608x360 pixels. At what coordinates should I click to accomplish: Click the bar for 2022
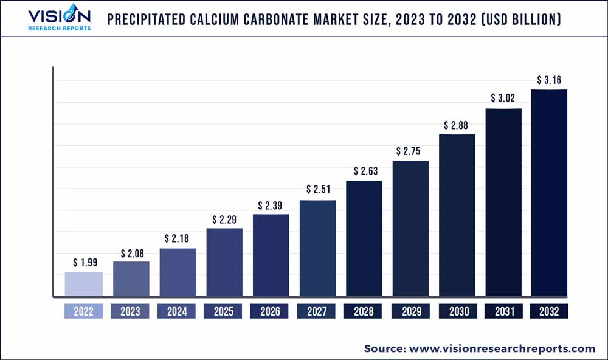[84, 285]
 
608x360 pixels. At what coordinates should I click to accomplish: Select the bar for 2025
[224, 263]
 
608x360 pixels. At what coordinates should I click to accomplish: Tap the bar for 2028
[364, 239]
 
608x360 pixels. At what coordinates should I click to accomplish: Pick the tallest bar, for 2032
[549, 193]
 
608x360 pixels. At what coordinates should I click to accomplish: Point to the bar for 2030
[457, 215]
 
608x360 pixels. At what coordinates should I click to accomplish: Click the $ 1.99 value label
[84, 263]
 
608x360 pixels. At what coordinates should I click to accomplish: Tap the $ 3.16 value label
[549, 80]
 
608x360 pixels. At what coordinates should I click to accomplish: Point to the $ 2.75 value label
[410, 151]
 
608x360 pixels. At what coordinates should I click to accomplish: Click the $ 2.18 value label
[178, 238]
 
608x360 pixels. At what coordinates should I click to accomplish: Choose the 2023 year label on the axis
[130, 311]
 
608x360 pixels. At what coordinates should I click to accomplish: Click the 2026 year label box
[271, 311]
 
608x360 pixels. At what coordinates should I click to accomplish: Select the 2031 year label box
[503, 311]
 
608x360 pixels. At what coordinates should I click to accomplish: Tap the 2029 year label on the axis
[410, 311]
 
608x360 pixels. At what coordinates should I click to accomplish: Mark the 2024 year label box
[178, 311]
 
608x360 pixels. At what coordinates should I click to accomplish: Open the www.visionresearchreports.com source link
[502, 348]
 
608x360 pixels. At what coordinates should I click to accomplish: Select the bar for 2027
[317, 249]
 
